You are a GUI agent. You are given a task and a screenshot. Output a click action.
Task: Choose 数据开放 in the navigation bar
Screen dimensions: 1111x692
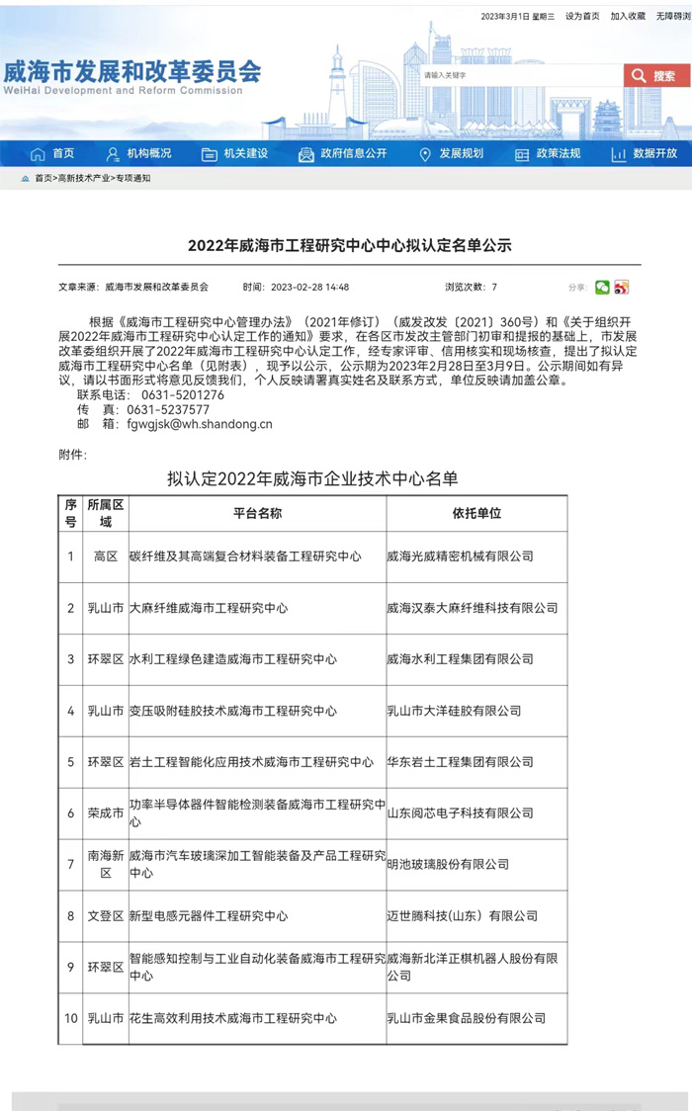pyautogui.click(x=645, y=153)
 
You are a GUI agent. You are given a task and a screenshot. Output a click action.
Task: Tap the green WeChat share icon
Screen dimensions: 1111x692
pyautogui.click(x=602, y=288)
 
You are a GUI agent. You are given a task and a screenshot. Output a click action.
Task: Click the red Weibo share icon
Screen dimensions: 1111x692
pyautogui.click(x=621, y=288)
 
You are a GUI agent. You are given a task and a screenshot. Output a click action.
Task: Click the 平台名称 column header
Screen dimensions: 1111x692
pyautogui.click(x=257, y=514)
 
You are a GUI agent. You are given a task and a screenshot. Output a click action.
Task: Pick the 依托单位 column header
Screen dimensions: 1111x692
pyautogui.click(x=476, y=514)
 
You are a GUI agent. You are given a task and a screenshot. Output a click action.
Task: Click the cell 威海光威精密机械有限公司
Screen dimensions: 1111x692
pyautogui.click(x=460, y=556)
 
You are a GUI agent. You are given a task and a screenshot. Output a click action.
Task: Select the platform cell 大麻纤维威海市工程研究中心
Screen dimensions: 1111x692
pyautogui.click(x=209, y=608)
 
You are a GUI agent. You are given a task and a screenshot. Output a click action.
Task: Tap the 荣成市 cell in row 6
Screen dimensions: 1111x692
pyautogui.click(x=106, y=813)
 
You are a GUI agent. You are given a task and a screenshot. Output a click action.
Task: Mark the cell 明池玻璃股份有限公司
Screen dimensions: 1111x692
pyautogui.click(x=448, y=865)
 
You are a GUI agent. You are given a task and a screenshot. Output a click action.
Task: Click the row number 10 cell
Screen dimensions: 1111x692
pyautogui.click(x=71, y=1018)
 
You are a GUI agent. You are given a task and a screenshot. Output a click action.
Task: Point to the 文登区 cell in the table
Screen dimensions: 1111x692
pyautogui.click(x=106, y=916)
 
